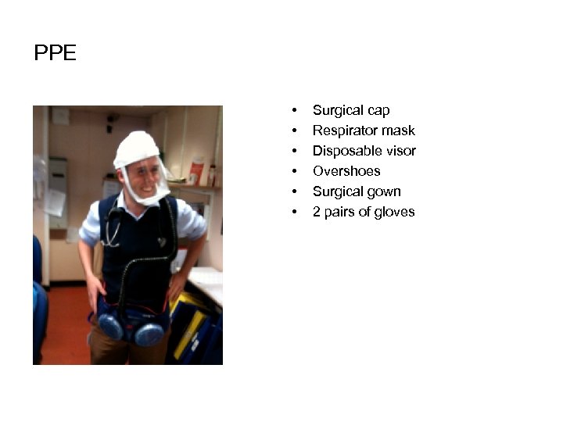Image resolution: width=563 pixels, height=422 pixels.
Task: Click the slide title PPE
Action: (56, 54)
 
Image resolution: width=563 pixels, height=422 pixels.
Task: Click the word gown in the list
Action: (385, 191)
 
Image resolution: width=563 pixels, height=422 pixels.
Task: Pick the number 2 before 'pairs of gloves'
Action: (317, 212)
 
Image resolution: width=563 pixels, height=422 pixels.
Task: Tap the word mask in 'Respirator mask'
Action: (400, 131)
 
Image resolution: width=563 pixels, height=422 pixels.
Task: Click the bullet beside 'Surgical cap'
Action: (294, 111)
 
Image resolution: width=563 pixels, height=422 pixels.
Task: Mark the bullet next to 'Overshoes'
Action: (294, 172)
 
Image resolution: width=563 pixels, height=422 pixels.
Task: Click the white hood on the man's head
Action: (136, 148)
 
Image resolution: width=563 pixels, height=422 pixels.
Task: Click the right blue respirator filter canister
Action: (149, 332)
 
